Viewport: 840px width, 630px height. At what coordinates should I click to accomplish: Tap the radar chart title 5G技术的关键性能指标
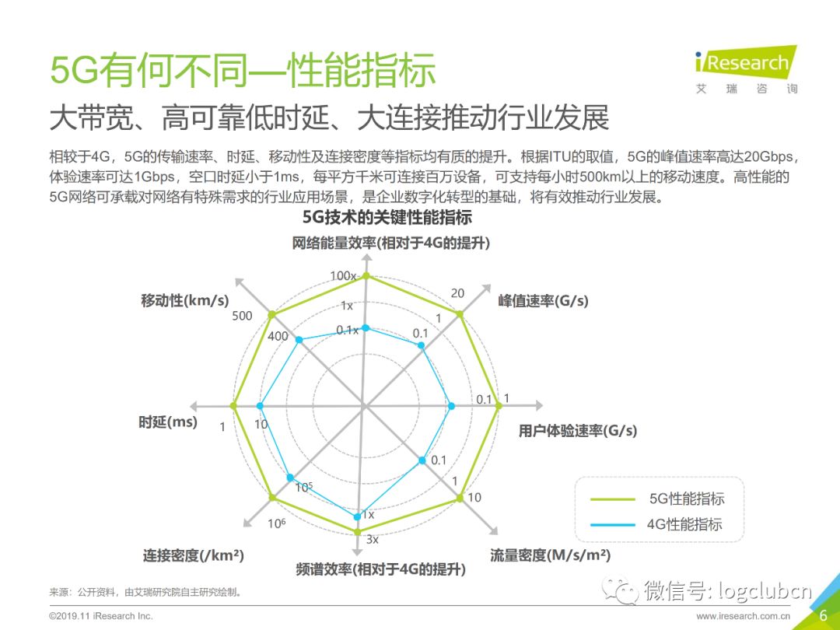[x=387, y=218]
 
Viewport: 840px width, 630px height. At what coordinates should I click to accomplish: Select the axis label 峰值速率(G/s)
[x=543, y=300]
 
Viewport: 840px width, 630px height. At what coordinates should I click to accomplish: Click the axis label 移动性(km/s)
[x=185, y=300]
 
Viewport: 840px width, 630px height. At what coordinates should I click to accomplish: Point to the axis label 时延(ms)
[x=168, y=422]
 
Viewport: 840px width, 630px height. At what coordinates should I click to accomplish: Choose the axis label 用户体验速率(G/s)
[x=577, y=430]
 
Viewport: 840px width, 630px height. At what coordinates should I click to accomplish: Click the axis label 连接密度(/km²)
[x=193, y=555]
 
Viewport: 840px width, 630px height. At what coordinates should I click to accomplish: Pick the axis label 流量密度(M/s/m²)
[x=550, y=555]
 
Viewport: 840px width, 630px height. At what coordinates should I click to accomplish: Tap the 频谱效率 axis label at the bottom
[x=380, y=569]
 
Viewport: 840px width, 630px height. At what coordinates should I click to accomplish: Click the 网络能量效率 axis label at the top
[x=391, y=243]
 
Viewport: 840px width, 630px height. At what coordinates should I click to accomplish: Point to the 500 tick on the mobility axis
[x=242, y=316]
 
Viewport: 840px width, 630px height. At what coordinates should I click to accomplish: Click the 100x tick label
[x=343, y=275]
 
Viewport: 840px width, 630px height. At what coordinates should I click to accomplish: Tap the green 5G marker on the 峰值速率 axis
[x=459, y=314]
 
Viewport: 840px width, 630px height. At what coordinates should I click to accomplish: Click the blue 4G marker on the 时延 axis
[x=261, y=406]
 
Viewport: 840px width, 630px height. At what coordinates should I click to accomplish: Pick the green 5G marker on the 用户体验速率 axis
[x=498, y=406]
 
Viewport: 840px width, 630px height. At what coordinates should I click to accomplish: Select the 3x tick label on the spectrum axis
[x=373, y=540]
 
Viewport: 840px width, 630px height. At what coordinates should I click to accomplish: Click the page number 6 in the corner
[x=824, y=615]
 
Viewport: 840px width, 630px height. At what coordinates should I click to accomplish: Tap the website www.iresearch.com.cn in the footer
[x=743, y=616]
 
